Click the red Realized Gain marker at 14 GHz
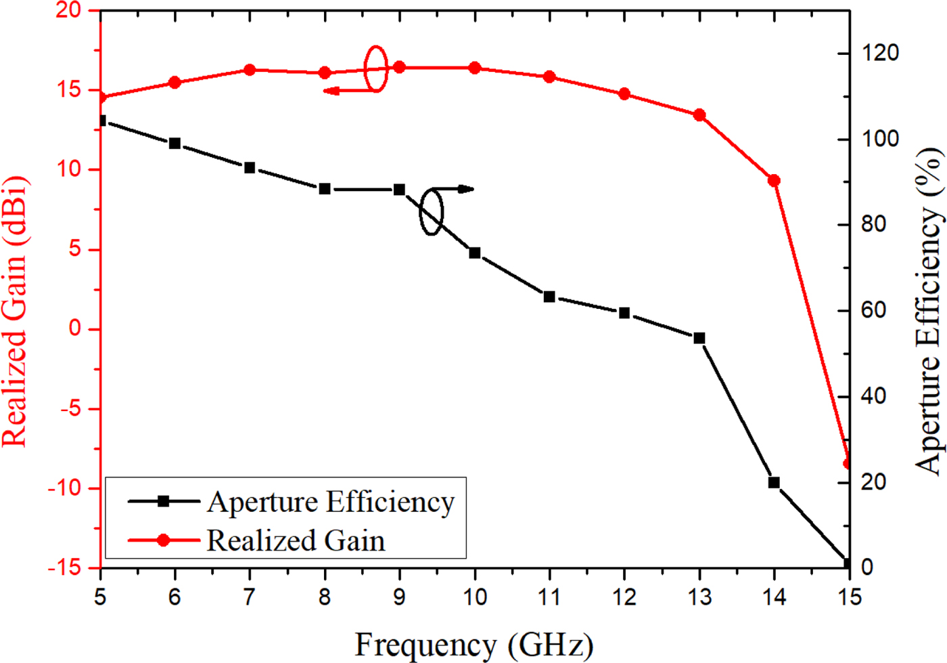click(x=774, y=181)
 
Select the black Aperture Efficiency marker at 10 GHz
click(x=475, y=253)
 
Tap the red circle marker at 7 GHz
click(x=250, y=70)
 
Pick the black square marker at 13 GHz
click(x=699, y=338)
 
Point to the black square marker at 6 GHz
click(x=175, y=143)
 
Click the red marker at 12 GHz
click(x=624, y=94)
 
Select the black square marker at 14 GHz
click(x=774, y=483)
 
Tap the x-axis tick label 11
click(x=549, y=597)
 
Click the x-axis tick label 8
click(x=325, y=597)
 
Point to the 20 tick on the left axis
click(x=68, y=10)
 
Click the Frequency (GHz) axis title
click(x=473, y=644)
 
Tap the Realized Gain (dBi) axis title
click(x=15, y=312)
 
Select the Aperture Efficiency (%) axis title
click(x=929, y=312)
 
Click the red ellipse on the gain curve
click(x=376, y=68)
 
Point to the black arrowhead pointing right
click(x=466, y=189)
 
